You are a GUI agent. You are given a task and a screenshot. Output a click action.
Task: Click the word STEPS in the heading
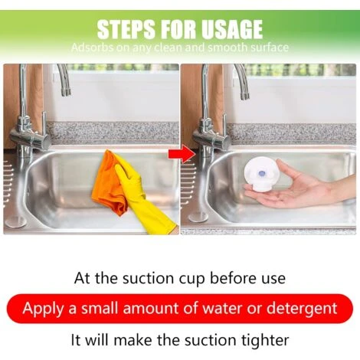point(126,29)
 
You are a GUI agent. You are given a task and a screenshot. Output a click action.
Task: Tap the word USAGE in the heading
point(232,29)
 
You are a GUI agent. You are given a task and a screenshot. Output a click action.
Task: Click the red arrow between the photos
point(182,154)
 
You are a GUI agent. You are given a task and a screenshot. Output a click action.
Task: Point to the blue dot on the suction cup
point(261,174)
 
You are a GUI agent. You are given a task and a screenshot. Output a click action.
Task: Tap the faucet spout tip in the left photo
point(66,93)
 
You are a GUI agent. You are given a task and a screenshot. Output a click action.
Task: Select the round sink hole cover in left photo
point(16,221)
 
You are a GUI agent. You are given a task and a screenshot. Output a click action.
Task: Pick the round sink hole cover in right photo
point(198,218)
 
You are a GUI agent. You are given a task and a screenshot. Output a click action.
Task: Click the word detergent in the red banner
point(302,309)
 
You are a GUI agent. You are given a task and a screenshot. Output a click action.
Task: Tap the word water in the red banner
point(222,308)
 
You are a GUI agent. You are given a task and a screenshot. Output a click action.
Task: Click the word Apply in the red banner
point(43,309)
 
